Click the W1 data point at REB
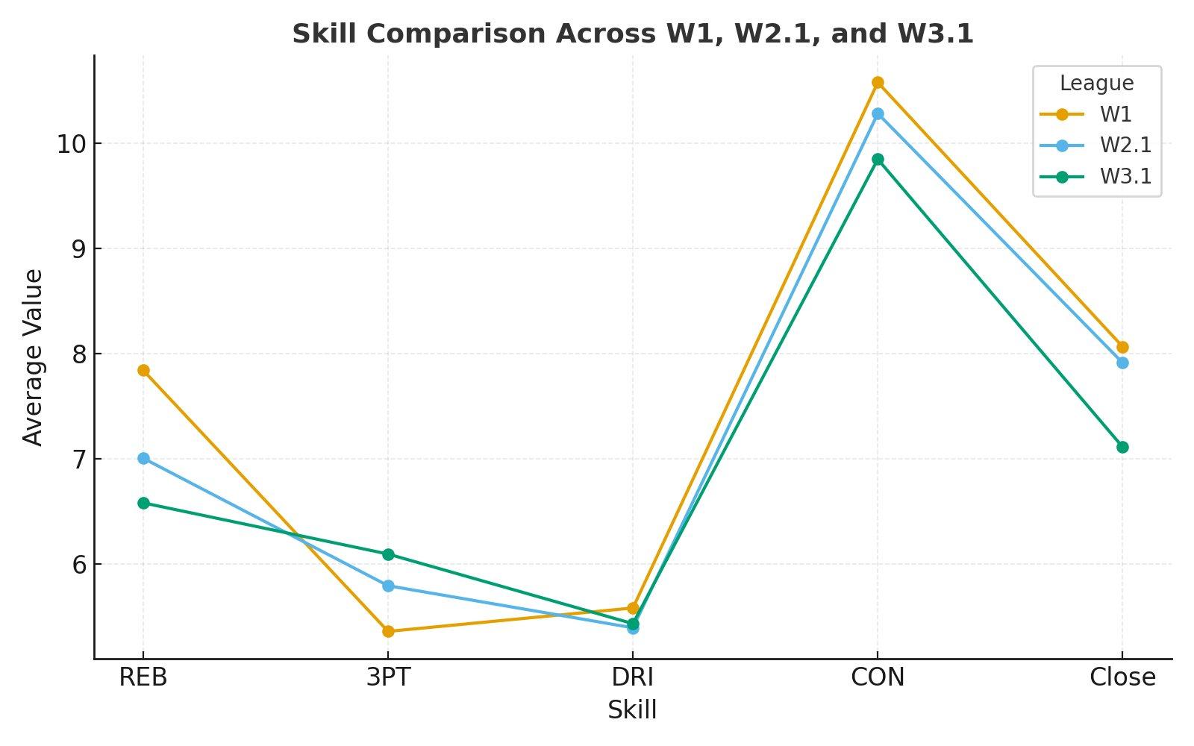[x=143, y=370]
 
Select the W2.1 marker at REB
[x=143, y=458]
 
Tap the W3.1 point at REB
[x=143, y=503]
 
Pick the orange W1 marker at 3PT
[x=388, y=631]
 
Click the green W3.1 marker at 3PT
[x=388, y=554]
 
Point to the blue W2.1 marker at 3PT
[x=388, y=586]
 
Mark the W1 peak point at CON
[x=878, y=82]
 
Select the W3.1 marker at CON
[x=878, y=159]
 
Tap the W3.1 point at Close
[x=1122, y=447]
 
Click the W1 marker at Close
[x=1122, y=347]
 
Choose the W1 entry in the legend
[x=1115, y=115]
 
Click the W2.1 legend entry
[x=1125, y=145]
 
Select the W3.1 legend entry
[x=1125, y=177]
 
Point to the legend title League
[x=1096, y=84]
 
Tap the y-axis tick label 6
[x=77, y=565]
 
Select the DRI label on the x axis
[x=632, y=677]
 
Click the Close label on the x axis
[x=1122, y=677]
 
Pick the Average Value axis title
[x=34, y=357]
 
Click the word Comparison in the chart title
[x=471, y=34]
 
